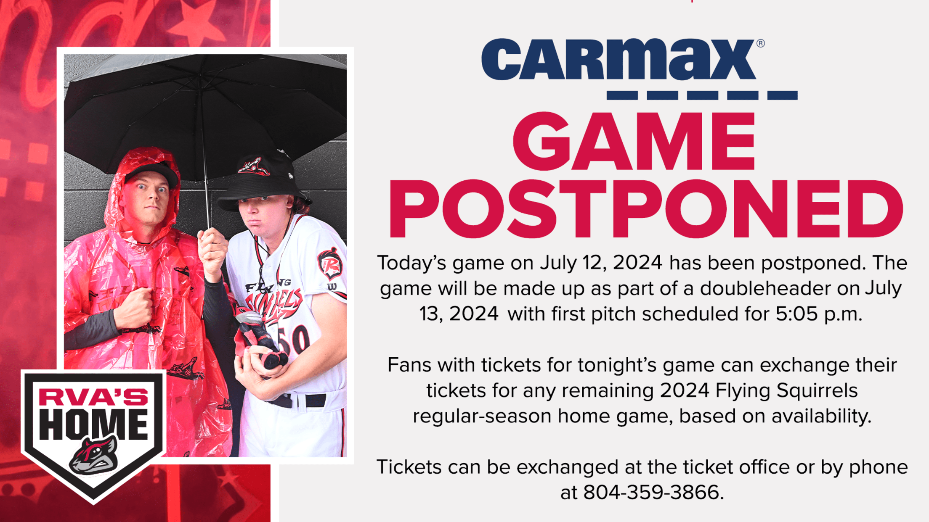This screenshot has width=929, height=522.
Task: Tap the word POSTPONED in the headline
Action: (x=646, y=209)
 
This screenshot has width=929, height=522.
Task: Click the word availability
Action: (x=821, y=416)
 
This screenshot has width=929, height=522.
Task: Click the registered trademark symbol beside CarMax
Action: (x=760, y=43)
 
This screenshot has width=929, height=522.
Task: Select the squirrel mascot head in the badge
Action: (x=94, y=456)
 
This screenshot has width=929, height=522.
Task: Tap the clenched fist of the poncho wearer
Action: (x=135, y=307)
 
